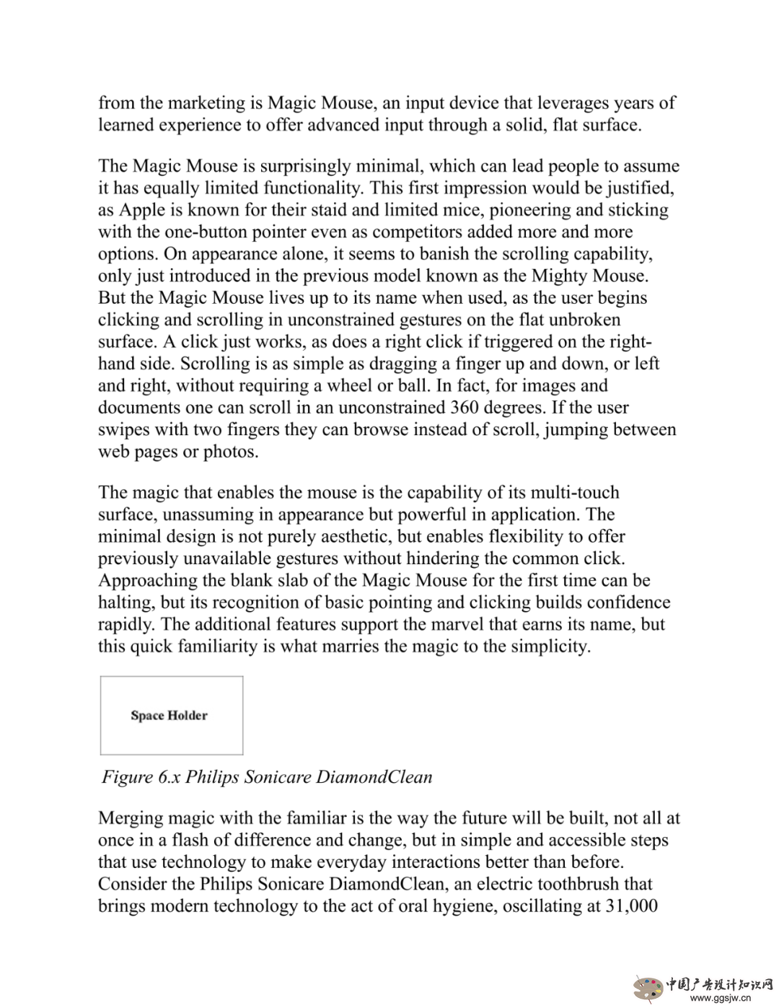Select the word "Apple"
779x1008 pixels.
(141, 210)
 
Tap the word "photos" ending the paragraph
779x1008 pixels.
(231, 452)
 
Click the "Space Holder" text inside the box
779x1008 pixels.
(170, 716)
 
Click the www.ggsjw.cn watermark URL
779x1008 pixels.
(721, 999)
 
